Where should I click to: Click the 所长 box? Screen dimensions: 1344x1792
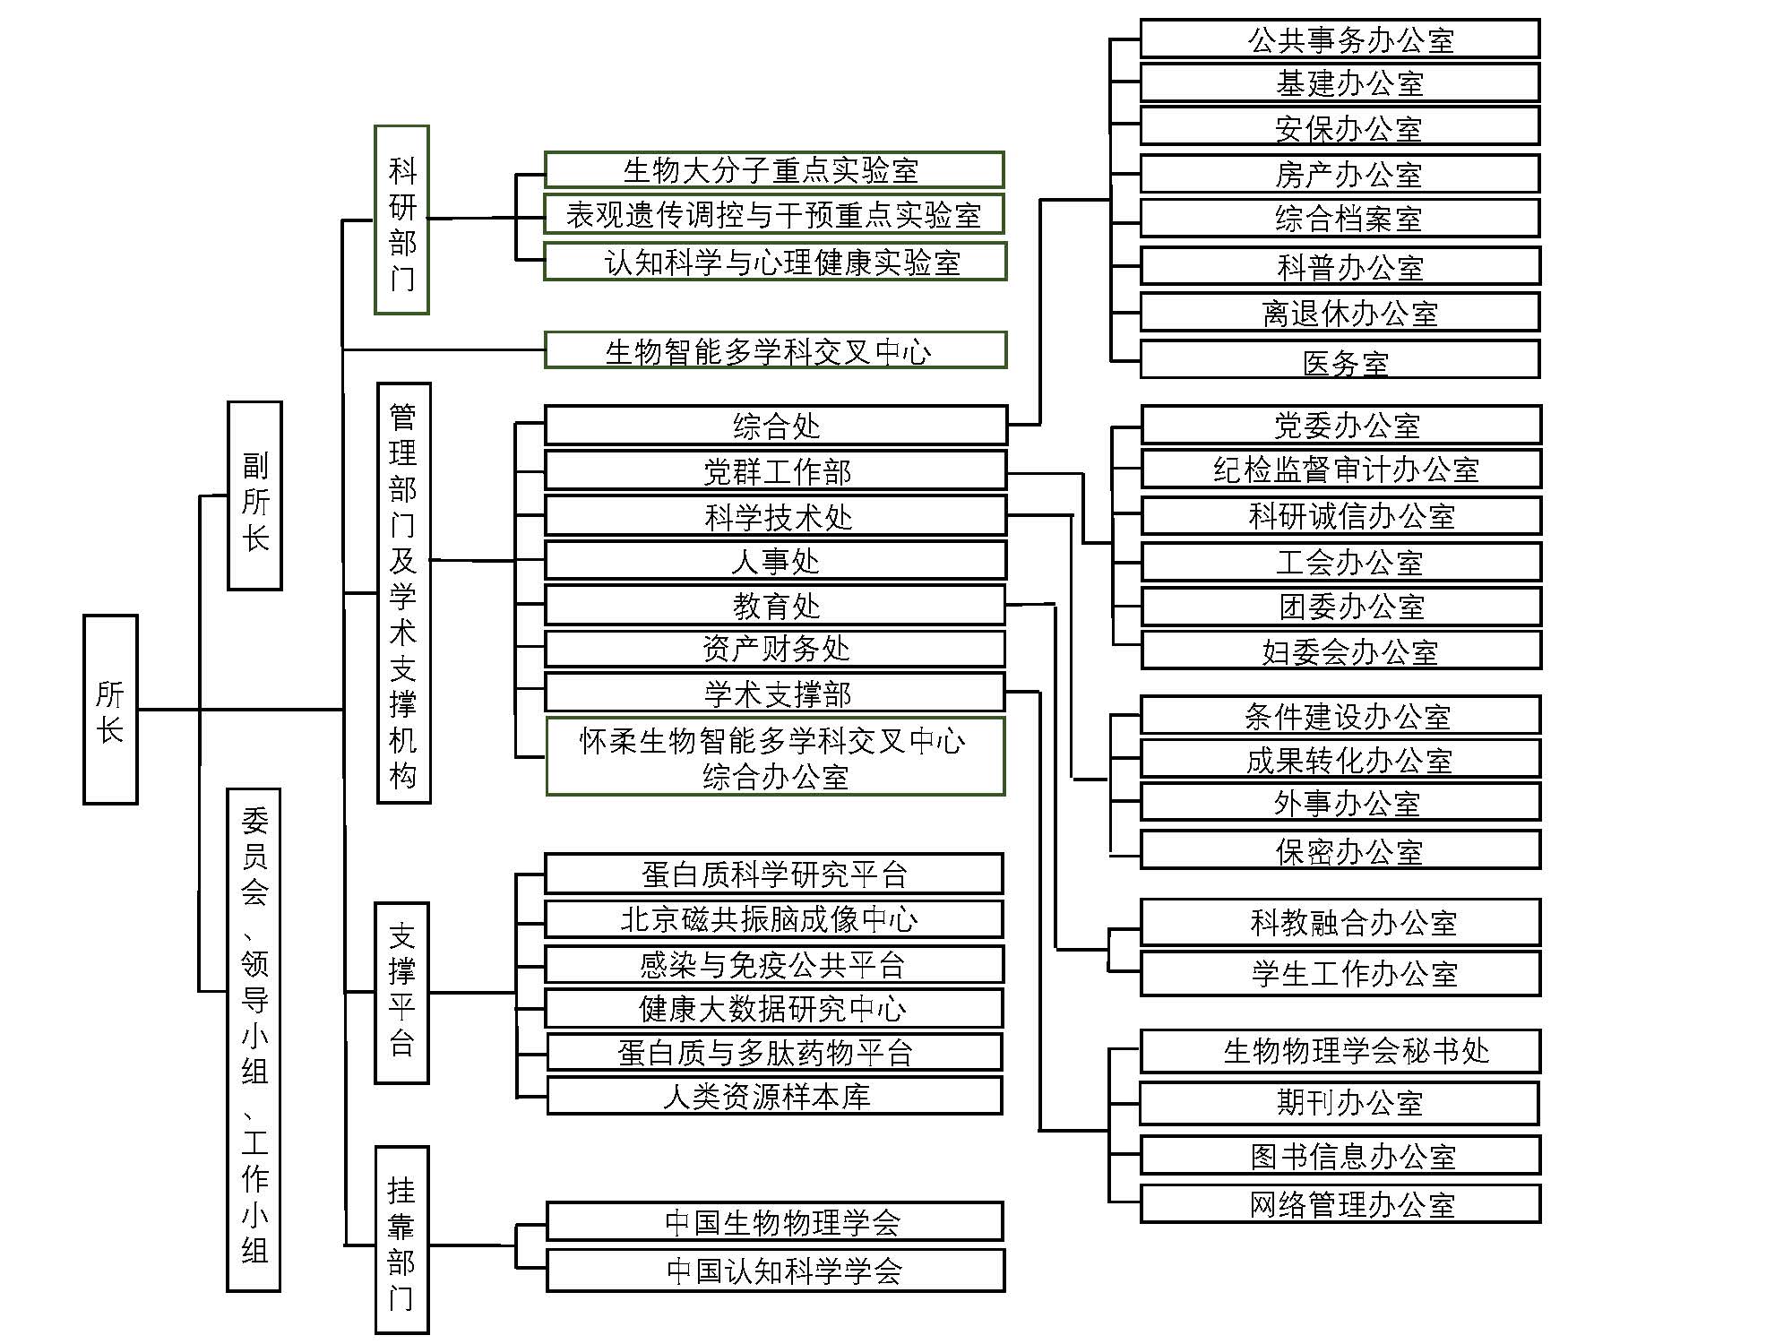tap(110, 709)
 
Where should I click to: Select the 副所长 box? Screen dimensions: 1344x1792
tap(254, 495)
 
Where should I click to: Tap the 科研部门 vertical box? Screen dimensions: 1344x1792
tap(401, 220)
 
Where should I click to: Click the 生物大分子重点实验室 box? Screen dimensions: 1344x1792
tap(774, 169)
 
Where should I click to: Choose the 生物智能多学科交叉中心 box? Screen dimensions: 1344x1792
tap(775, 349)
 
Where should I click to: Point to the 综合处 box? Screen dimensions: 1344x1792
tap(776, 426)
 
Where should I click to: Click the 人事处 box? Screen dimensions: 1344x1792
tap(776, 561)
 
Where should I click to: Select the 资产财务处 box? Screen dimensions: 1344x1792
tap(776, 649)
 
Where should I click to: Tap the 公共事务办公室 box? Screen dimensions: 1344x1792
tap(1340, 39)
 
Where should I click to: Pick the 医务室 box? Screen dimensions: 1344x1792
tap(1340, 360)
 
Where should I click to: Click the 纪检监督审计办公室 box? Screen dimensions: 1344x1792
tap(1341, 469)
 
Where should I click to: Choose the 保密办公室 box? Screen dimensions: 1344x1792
tap(1340, 849)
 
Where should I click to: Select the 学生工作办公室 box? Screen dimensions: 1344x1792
tap(1340, 973)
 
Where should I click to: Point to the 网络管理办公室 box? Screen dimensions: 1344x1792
tap(1340, 1204)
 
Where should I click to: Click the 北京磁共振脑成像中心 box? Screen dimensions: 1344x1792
tap(774, 918)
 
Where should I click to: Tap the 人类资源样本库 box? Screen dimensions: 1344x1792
tap(774, 1096)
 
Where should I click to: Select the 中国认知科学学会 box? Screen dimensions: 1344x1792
tap(776, 1271)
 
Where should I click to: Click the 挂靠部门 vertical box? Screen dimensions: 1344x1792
tap(401, 1240)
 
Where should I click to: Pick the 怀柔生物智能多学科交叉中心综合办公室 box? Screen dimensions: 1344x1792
tap(776, 756)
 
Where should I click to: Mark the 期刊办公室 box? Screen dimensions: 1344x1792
tap(1340, 1102)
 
